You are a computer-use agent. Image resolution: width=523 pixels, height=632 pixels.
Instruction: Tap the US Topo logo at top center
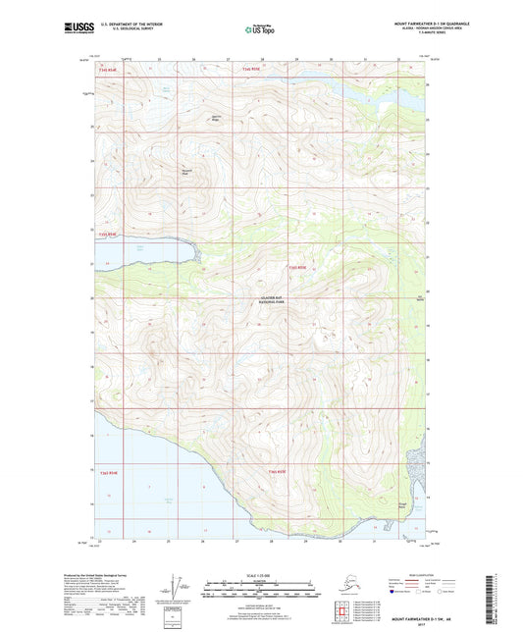[260, 30]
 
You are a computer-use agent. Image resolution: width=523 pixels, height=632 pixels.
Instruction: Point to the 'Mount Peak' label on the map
[185, 169]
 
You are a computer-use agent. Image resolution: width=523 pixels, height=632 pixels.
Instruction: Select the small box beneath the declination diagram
[176, 617]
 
